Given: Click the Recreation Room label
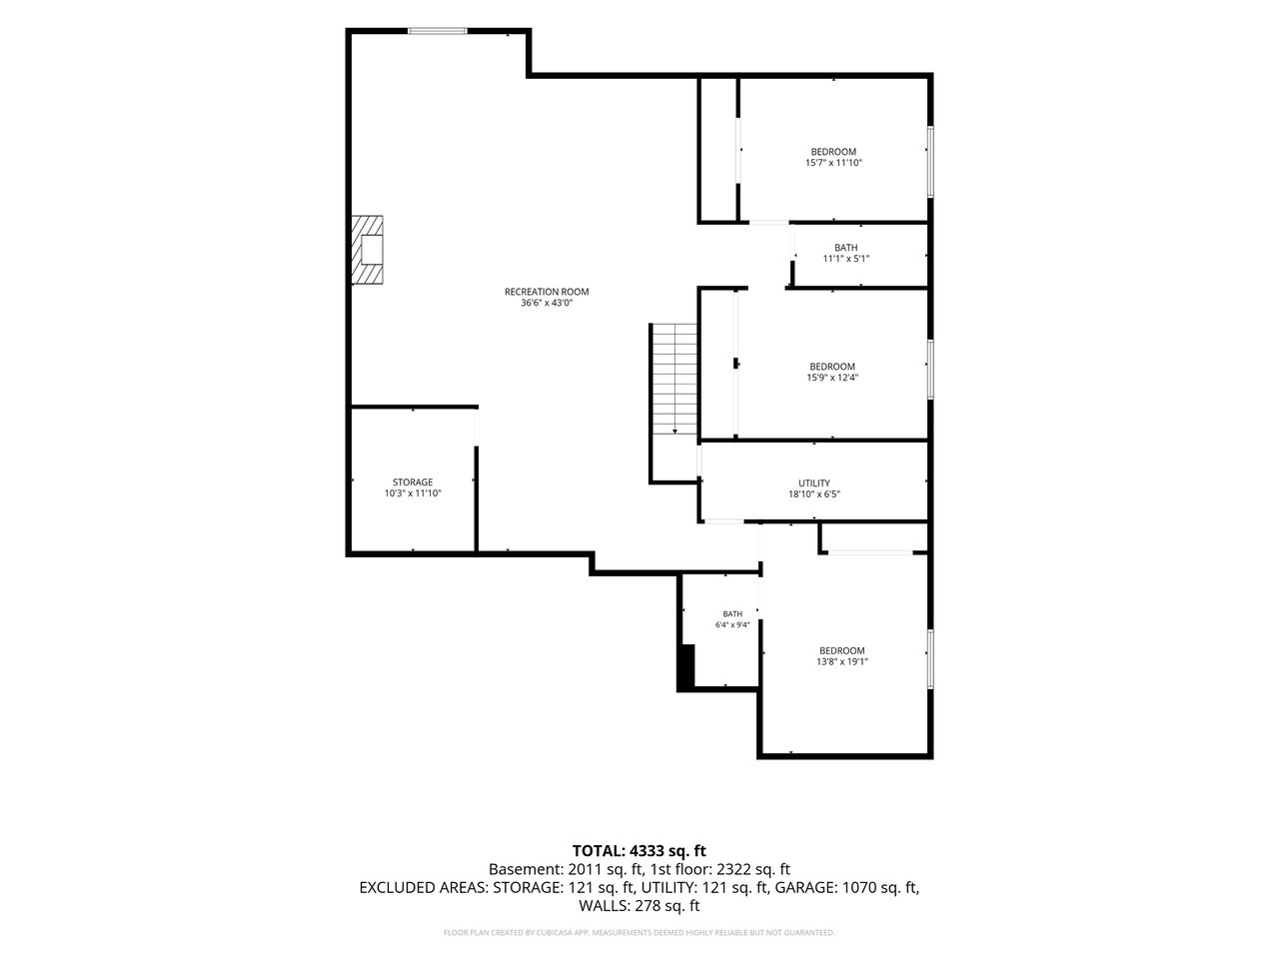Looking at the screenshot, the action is click(547, 292).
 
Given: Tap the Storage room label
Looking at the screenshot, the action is click(413, 482).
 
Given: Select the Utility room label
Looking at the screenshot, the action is click(814, 483).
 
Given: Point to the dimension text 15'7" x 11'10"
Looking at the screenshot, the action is click(833, 163).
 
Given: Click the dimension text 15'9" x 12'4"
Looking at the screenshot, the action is click(832, 378).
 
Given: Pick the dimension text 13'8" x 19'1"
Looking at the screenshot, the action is click(842, 661).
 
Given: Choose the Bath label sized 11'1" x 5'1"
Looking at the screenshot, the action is click(845, 248).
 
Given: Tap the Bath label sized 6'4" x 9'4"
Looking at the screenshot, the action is click(732, 613).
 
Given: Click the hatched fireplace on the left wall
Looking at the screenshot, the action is click(367, 250).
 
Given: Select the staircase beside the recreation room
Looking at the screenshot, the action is click(674, 379).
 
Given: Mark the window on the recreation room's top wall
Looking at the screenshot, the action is click(437, 31).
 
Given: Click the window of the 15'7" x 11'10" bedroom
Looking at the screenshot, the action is click(930, 161).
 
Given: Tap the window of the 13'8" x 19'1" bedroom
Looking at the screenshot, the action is click(930, 658).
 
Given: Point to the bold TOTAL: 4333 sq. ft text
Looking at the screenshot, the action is click(639, 851).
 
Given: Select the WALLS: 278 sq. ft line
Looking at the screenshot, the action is click(639, 905).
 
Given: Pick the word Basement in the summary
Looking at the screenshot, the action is click(526, 869).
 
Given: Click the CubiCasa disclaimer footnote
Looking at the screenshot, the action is click(639, 933).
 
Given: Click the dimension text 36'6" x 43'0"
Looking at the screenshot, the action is click(547, 303).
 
